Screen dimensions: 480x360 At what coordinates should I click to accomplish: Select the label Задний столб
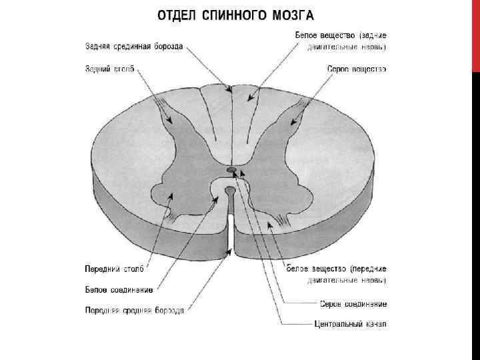coord(109,69)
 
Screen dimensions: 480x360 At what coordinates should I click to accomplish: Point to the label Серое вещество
coord(357,69)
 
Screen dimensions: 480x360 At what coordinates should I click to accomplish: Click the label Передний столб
coord(114,269)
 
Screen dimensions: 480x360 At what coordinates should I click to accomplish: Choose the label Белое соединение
coord(119,290)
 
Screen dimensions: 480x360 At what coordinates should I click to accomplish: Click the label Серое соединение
coord(353,304)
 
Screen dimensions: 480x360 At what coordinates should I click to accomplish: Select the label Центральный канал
coord(350,325)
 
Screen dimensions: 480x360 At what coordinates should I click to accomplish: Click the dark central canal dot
coord(231,170)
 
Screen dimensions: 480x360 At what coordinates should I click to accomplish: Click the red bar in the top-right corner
coord(475,33)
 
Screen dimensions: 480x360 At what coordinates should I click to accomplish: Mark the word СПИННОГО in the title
coord(235,14)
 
